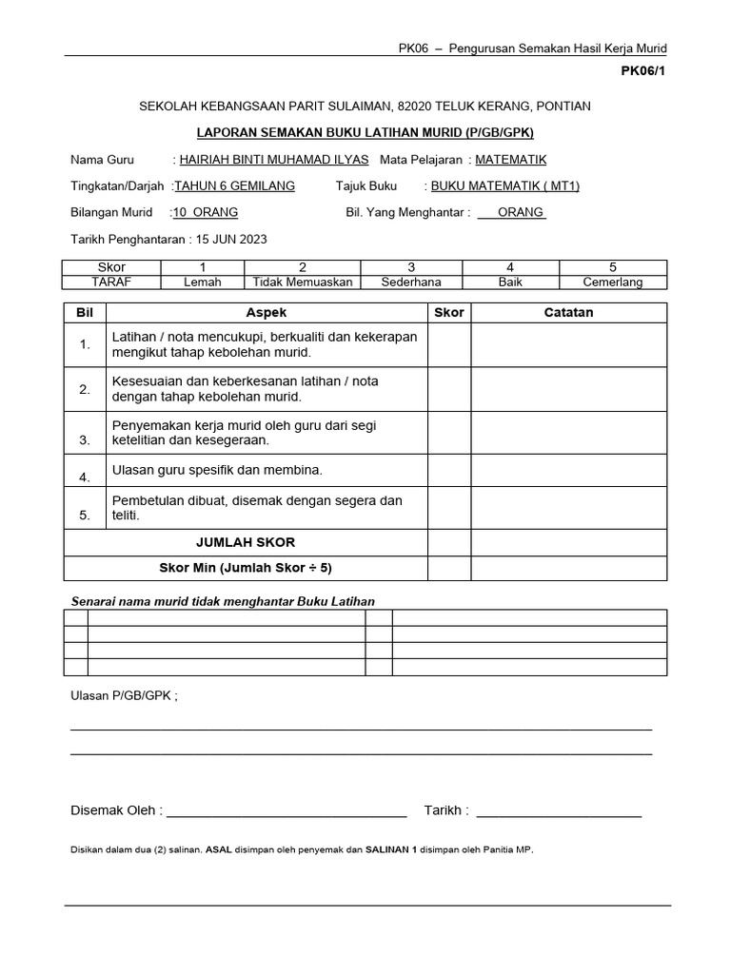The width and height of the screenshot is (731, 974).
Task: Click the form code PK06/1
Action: coord(644,70)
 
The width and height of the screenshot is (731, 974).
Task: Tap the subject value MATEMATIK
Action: coord(510,160)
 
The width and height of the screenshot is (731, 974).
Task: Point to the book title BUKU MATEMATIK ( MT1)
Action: coord(504,185)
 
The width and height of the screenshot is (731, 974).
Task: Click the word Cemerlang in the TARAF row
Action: coord(613,282)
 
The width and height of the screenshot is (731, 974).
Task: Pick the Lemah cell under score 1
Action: coord(202,282)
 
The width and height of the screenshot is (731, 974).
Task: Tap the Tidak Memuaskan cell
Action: coord(302,282)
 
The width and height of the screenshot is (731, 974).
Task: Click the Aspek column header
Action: coord(266,313)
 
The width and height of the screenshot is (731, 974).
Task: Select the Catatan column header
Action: coord(568,313)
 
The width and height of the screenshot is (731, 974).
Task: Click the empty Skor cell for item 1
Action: coord(448,344)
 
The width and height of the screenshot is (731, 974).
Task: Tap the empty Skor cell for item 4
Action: coord(448,471)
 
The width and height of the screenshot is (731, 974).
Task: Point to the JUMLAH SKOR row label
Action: coord(246,542)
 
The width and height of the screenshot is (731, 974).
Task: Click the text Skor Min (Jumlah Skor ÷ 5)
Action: coord(246,568)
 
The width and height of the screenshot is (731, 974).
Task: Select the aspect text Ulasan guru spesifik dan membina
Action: coord(218,470)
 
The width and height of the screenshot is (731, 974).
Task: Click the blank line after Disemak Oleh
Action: coord(286,810)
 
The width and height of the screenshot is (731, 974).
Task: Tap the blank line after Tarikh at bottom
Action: coord(559,810)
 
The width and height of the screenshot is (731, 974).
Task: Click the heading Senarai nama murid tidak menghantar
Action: coord(224,601)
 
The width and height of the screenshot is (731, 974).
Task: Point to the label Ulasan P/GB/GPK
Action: coord(124,695)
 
